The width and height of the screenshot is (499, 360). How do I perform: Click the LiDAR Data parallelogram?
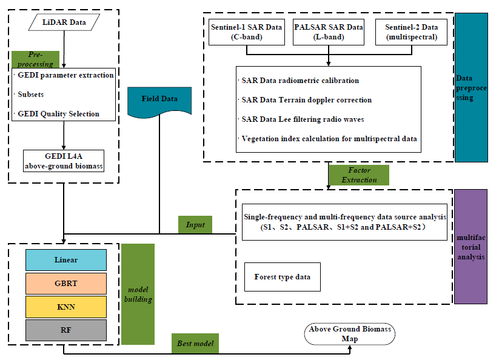pyautogui.click(x=64, y=24)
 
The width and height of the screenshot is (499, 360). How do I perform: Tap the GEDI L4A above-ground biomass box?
pyautogui.click(x=64, y=161)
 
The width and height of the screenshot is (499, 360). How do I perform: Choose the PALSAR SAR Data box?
pyautogui.click(x=328, y=32)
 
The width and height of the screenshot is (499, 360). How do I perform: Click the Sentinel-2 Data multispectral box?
pyautogui.click(x=411, y=32)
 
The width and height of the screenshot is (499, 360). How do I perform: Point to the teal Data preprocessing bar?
pyautogui.click(x=471, y=87)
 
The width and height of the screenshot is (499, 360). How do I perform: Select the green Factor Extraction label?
pyautogui.click(x=358, y=175)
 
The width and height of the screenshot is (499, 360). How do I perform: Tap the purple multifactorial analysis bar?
pyautogui.click(x=471, y=247)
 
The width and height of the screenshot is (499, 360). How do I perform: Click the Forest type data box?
pyautogui.click(x=282, y=277)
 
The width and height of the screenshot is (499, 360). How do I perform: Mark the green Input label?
pyautogui.click(x=196, y=225)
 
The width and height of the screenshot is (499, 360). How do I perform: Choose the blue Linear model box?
pyautogui.click(x=66, y=259)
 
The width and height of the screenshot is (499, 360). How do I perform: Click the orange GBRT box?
pyautogui.click(x=66, y=283)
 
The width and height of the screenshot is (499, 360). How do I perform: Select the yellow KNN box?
pyautogui.click(x=66, y=307)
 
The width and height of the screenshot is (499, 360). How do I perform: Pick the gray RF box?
pyautogui.click(x=66, y=330)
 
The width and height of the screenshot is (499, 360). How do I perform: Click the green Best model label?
pyautogui.click(x=195, y=344)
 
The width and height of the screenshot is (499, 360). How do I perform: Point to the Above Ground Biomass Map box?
pyautogui.click(x=350, y=334)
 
